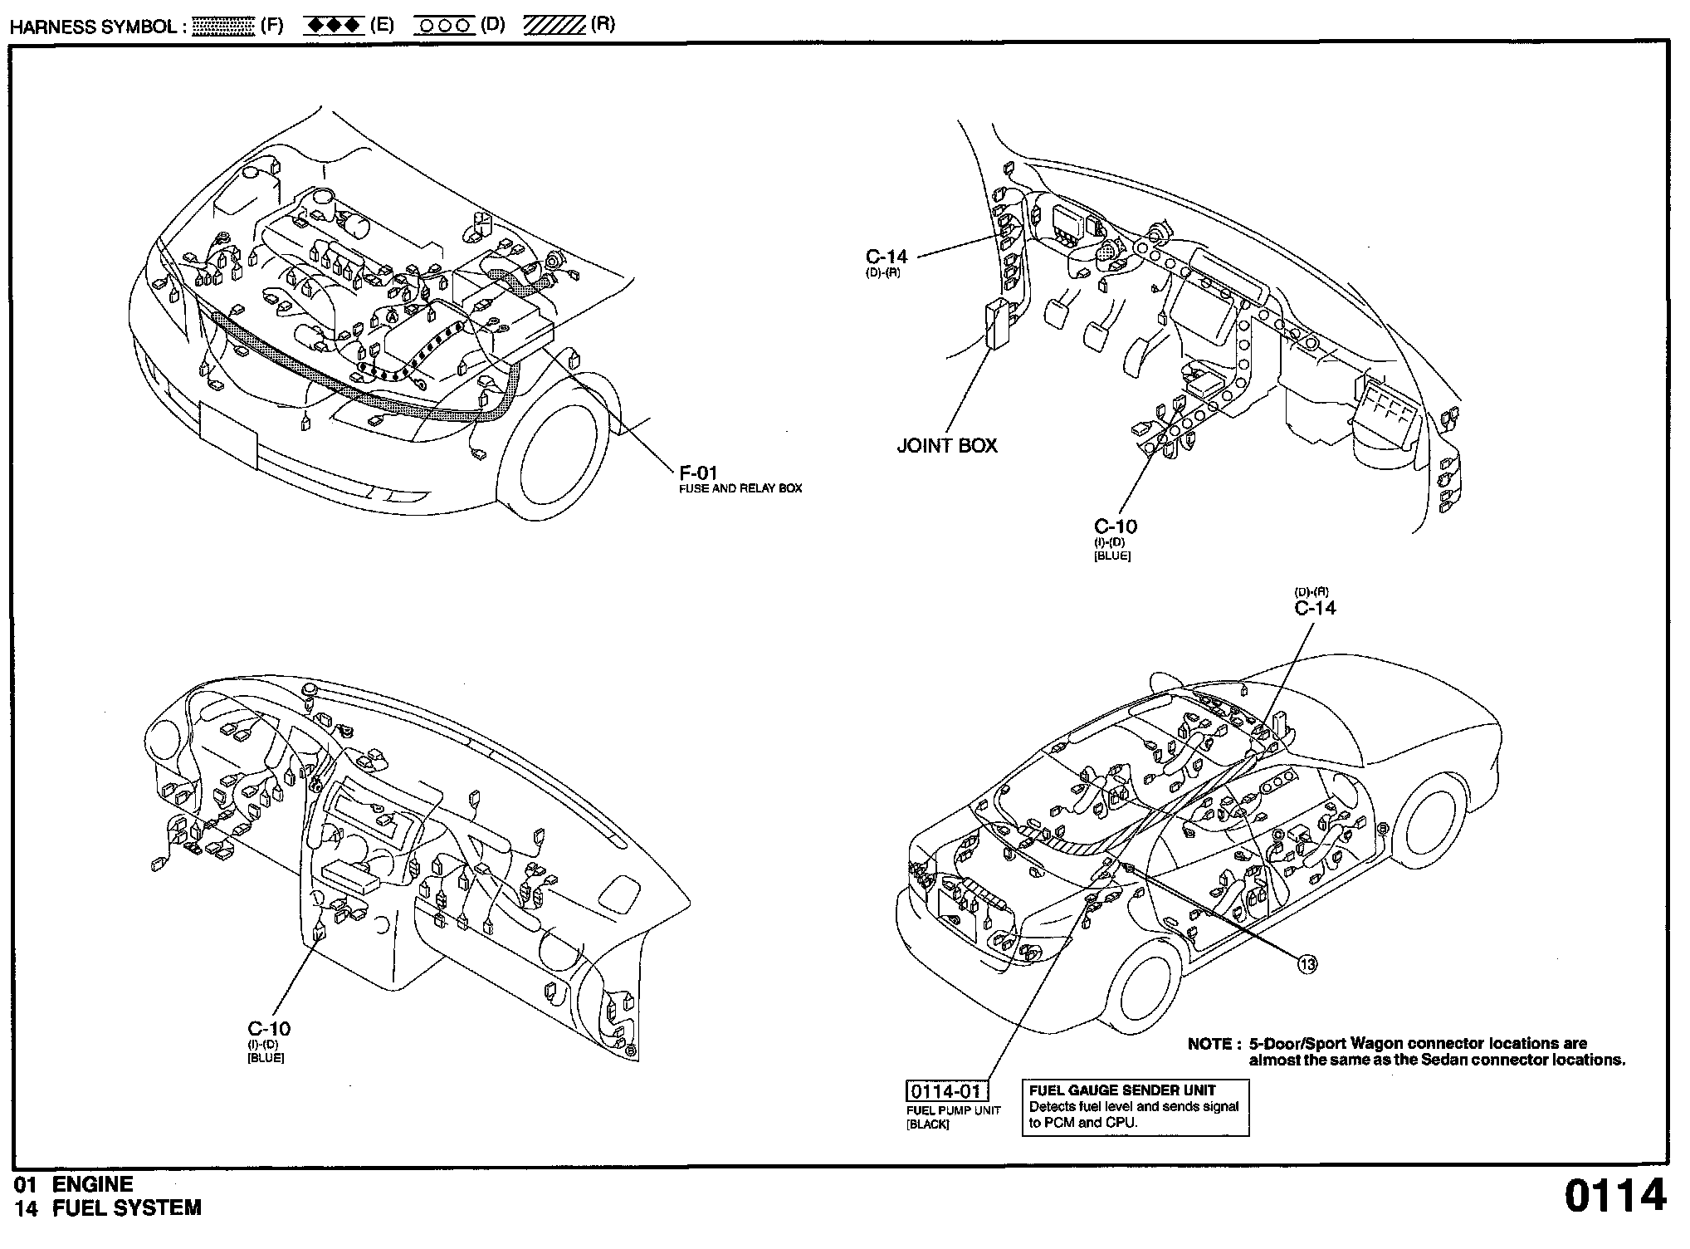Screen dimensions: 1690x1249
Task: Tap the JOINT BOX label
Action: click(x=947, y=446)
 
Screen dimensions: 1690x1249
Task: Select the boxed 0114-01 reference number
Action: click(x=946, y=1091)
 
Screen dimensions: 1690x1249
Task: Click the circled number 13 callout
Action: click(x=1307, y=964)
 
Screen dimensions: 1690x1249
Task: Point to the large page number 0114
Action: click(x=1615, y=1197)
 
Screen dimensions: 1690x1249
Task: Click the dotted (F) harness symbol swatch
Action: click(x=222, y=26)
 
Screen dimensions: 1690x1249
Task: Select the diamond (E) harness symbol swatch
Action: click(x=334, y=26)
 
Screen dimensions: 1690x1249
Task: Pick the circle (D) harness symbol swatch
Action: click(x=444, y=26)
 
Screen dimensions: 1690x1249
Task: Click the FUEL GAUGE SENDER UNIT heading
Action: click(x=1122, y=1090)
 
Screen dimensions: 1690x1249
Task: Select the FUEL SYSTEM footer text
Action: click(x=127, y=1208)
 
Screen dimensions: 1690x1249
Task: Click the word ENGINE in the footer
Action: click(x=92, y=1184)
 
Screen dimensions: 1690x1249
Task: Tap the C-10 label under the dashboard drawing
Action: click(x=269, y=1029)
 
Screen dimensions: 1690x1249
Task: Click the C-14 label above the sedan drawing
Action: click(x=1316, y=608)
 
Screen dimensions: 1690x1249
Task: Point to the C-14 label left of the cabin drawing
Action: click(x=887, y=257)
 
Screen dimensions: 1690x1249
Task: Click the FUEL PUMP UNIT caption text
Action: click(x=953, y=1110)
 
